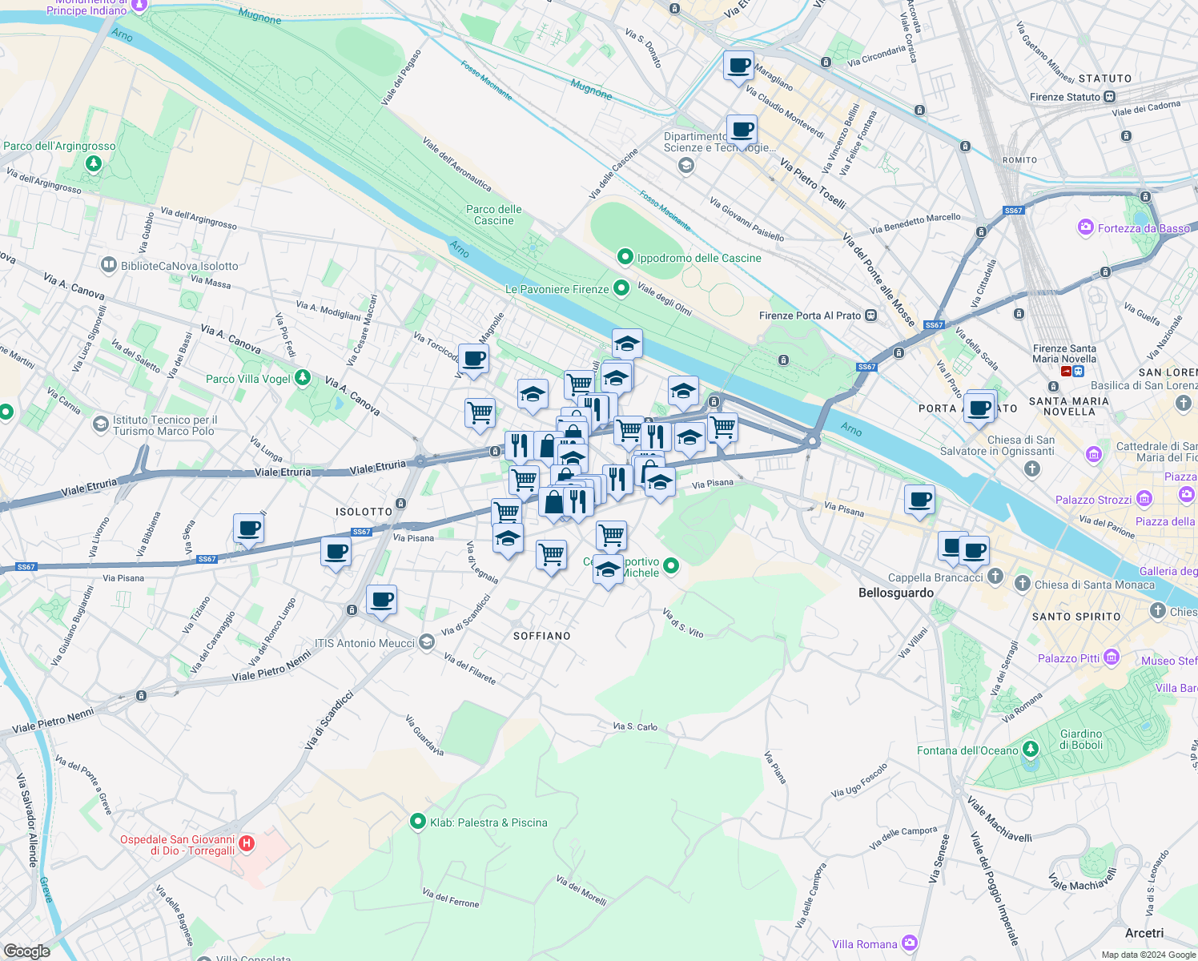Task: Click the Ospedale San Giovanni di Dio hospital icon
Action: (247, 843)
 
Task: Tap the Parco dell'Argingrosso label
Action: (59, 147)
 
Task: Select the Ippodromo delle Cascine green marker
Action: (625, 257)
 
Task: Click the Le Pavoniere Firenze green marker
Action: (621, 289)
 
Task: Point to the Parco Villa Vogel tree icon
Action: (302, 377)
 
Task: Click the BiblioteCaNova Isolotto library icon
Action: (109, 265)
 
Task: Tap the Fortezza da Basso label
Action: (1144, 228)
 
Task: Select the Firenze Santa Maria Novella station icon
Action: (1067, 372)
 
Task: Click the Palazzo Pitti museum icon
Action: (1111, 657)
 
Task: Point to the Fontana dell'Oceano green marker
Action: (1031, 750)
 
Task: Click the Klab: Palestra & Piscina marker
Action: (417, 822)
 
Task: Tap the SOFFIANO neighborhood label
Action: (542, 636)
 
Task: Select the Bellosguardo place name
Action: (895, 593)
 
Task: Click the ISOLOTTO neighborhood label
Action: (364, 512)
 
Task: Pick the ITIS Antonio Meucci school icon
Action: (427, 642)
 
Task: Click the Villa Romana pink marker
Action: (909, 943)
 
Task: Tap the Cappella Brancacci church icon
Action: (995, 577)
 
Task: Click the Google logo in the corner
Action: (27, 951)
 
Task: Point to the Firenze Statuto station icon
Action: (1109, 97)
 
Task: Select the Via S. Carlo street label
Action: (635, 726)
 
